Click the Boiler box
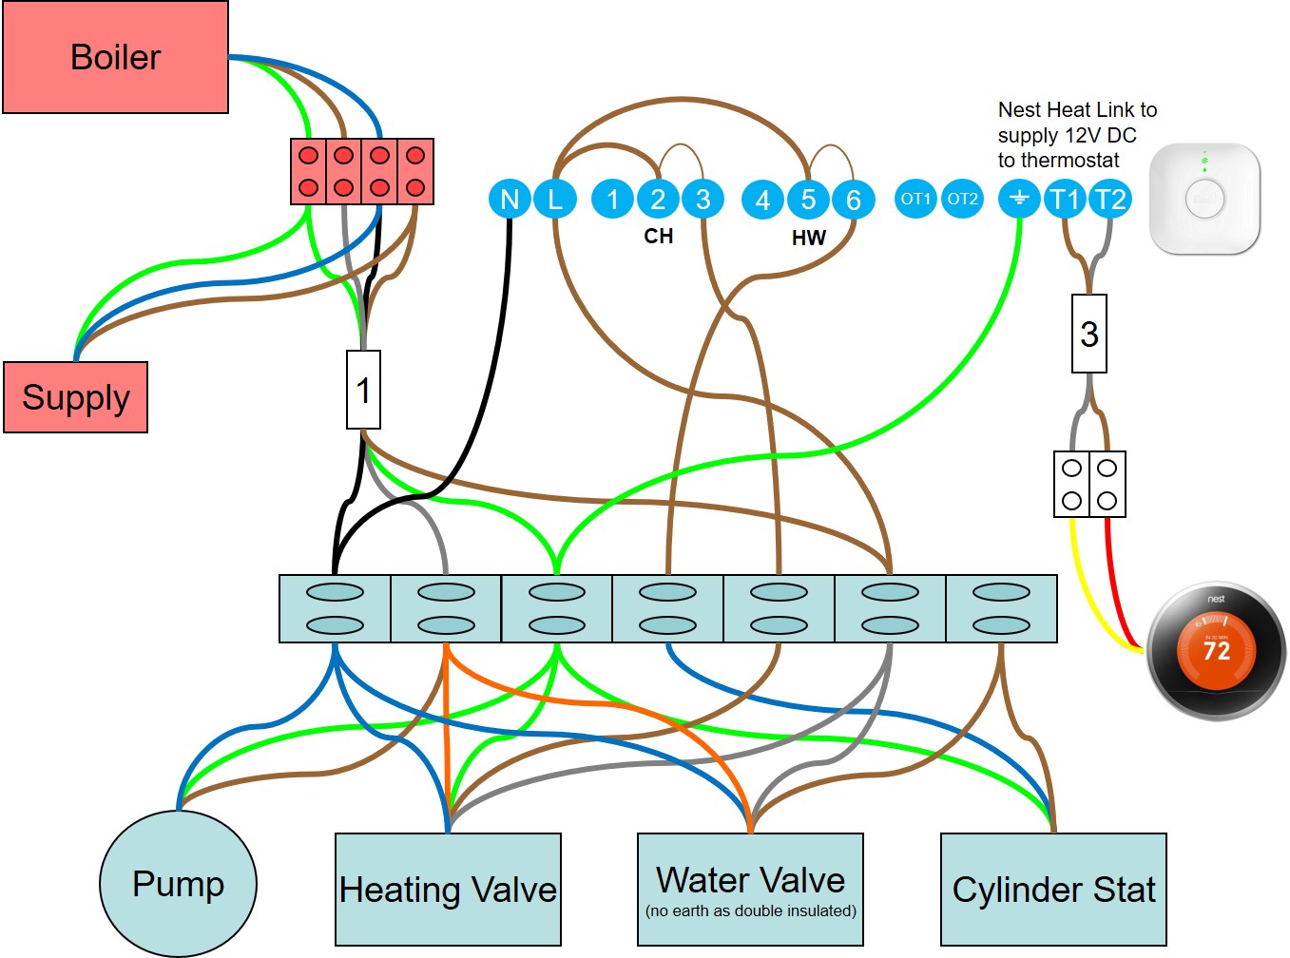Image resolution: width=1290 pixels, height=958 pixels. [115, 57]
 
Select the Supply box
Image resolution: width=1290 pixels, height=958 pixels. [75, 397]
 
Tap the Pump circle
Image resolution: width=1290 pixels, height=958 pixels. [178, 884]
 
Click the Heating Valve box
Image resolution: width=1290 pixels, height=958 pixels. [448, 890]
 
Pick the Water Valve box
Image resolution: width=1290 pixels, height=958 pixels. [750, 890]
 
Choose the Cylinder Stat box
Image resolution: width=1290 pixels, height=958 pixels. [1053, 890]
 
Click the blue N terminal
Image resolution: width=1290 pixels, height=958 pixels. [510, 200]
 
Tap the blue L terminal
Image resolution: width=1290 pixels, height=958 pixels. [555, 200]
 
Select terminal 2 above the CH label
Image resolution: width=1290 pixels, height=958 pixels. [658, 200]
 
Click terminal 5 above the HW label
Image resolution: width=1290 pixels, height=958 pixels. [808, 200]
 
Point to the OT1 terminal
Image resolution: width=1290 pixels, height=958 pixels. [915, 200]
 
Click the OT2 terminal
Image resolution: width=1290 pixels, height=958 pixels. [962, 200]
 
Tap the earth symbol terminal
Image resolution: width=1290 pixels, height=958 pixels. [1019, 200]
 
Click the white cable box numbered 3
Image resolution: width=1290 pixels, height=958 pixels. [1089, 334]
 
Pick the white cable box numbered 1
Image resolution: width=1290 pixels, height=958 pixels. [363, 390]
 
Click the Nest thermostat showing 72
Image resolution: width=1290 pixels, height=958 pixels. [1216, 651]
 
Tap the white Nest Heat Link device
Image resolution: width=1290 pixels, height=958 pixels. [1204, 199]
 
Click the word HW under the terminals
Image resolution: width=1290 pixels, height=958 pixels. [808, 238]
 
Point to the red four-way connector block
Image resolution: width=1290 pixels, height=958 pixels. [362, 172]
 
